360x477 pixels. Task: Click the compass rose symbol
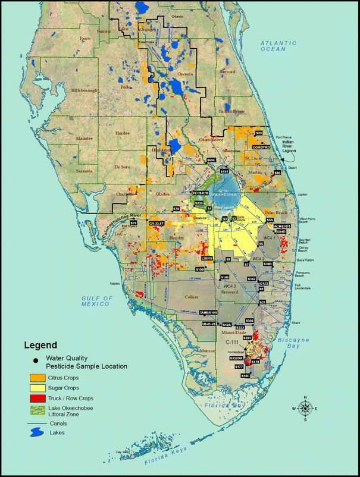pyautogui.click(x=305, y=408)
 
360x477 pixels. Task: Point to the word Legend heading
pyautogui.click(x=40, y=345)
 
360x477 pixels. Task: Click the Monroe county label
pyautogui.click(x=190, y=352)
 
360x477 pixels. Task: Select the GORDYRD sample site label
pyautogui.click(x=262, y=146)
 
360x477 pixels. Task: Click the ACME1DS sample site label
pyautogui.click(x=282, y=226)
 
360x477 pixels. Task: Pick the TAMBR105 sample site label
pyautogui.click(x=209, y=312)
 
